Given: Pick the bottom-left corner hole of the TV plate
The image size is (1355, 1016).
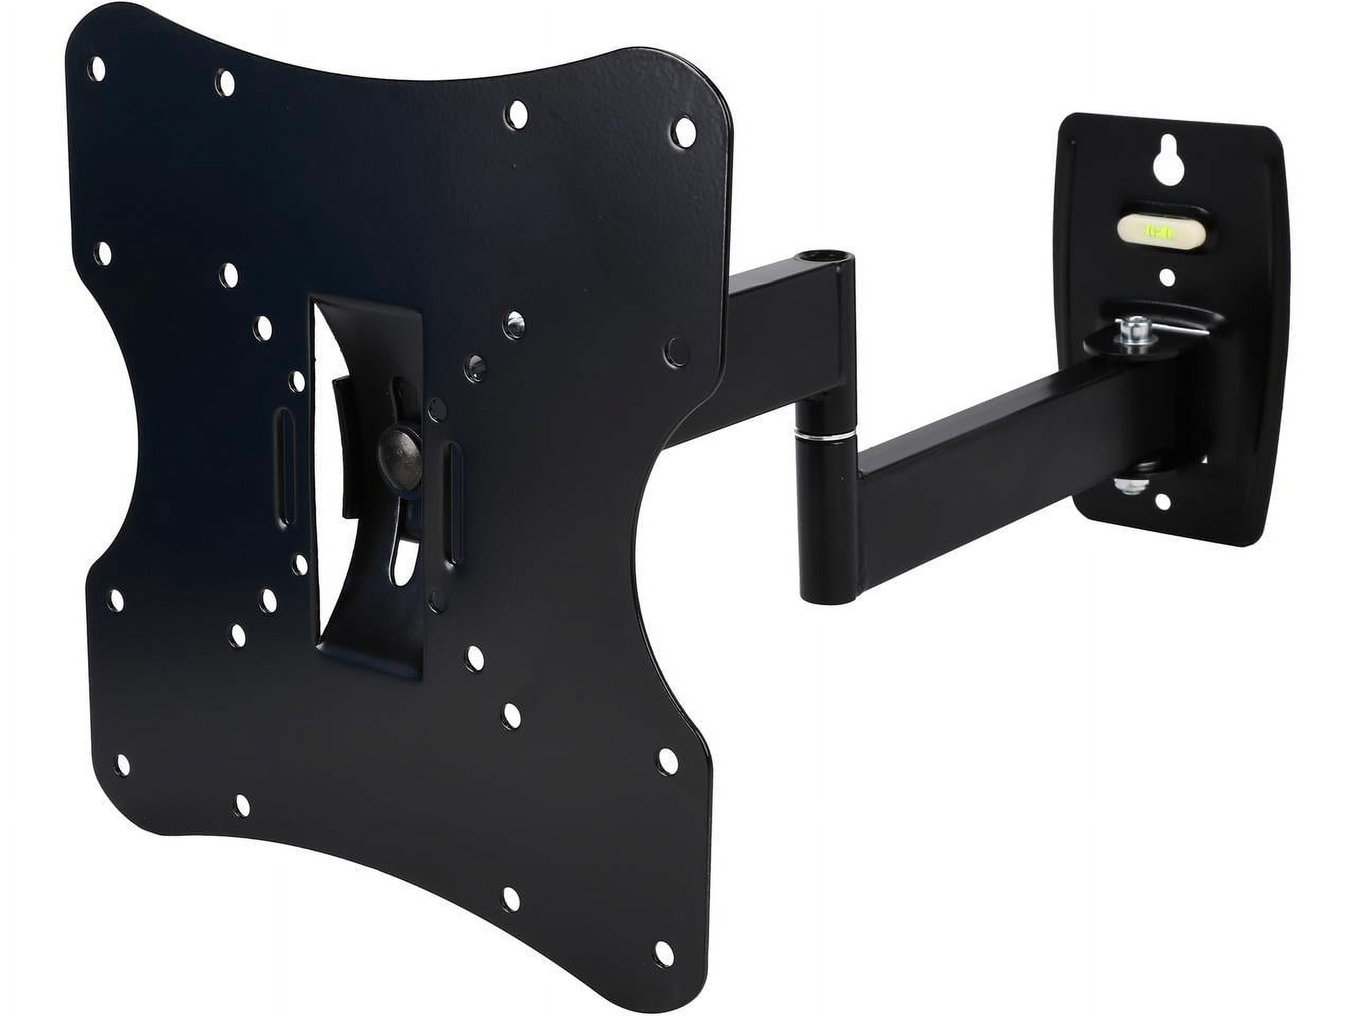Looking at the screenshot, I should point(122,764).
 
